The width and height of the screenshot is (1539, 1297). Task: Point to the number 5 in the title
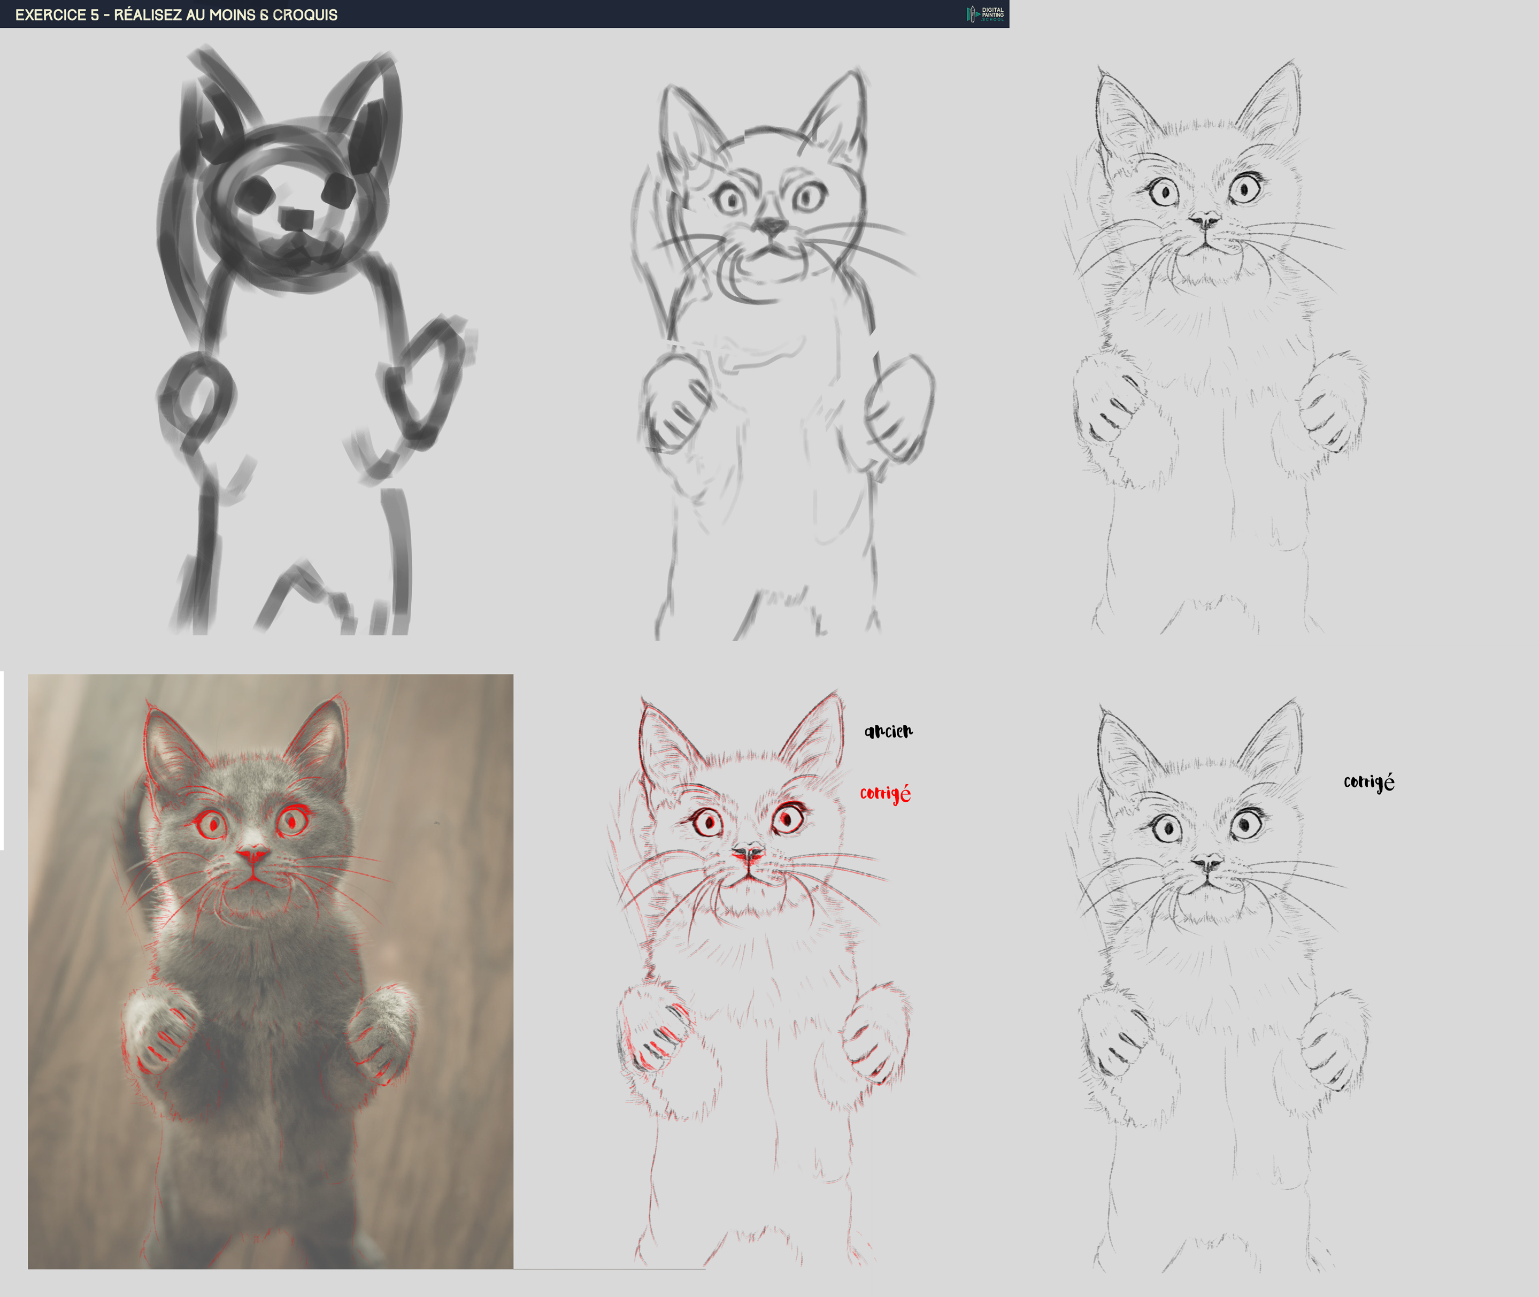tap(94, 14)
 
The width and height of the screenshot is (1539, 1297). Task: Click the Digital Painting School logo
tap(986, 14)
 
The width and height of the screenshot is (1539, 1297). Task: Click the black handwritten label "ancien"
tap(888, 731)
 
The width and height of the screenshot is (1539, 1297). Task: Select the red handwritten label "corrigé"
tap(885, 793)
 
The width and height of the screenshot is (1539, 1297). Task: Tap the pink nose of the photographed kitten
tap(252, 854)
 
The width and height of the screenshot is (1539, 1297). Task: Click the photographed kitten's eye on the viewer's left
tap(212, 824)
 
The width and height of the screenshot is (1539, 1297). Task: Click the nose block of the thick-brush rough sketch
tap(296, 218)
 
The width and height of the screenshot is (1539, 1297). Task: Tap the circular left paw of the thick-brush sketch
tap(195, 393)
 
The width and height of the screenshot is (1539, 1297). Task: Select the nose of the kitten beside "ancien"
tap(748, 853)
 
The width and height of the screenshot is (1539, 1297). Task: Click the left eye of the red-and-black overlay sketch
tap(708, 822)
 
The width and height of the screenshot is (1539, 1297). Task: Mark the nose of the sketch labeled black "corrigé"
tap(1206, 862)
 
